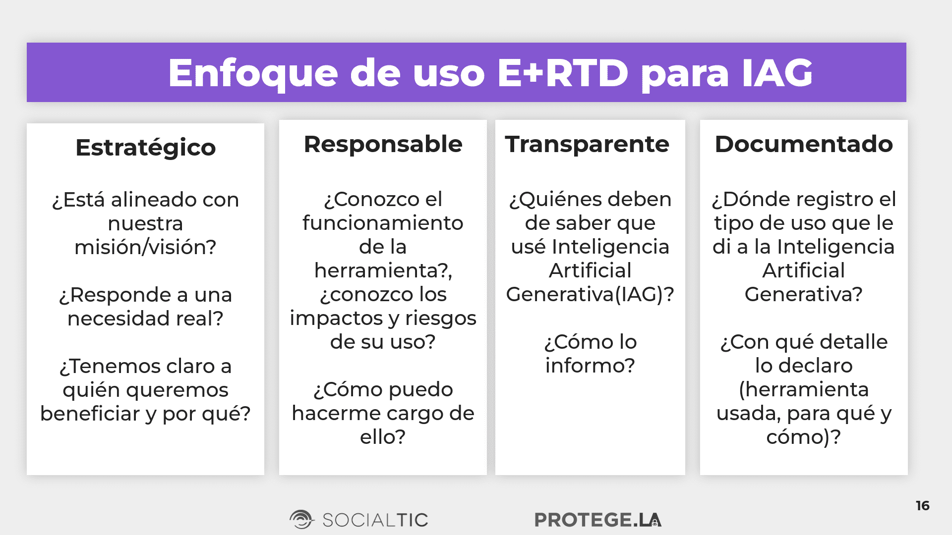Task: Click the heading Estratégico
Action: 145,148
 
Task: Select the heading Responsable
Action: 383,145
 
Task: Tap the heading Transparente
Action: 587,145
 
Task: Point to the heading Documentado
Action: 804,144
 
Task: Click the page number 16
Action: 922,506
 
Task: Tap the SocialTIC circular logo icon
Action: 301,520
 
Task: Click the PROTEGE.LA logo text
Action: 598,520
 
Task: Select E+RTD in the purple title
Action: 563,73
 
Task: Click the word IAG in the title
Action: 777,73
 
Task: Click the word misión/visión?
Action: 145,247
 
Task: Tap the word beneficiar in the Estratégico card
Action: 90,414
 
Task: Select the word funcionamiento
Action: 383,223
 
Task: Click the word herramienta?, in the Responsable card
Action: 383,271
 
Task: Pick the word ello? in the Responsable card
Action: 383,437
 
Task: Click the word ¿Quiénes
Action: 551,200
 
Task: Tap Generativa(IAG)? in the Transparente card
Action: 590,295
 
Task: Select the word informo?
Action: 590,366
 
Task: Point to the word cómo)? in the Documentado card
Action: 804,437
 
